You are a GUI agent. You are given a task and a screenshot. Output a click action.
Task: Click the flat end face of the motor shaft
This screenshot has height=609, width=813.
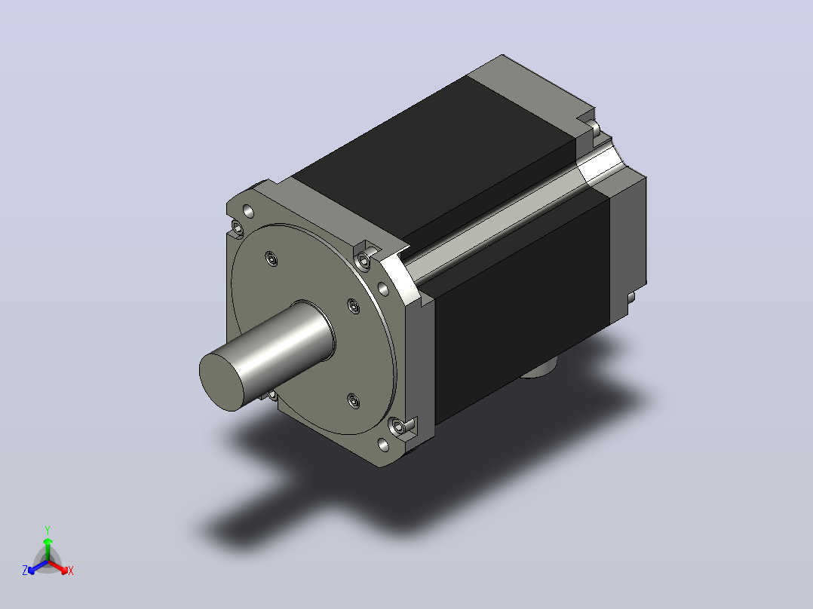point(222,381)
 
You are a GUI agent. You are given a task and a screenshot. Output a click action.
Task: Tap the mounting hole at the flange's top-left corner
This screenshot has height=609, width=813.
point(248,211)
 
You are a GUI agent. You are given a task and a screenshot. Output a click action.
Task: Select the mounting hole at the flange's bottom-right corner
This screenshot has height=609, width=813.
point(384,445)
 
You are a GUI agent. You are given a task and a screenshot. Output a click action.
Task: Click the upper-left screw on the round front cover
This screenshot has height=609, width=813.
point(272,258)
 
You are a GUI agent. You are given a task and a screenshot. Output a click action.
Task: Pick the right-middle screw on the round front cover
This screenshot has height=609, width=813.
point(354,306)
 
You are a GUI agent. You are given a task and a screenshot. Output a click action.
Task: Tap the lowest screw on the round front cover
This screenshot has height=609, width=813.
point(354,401)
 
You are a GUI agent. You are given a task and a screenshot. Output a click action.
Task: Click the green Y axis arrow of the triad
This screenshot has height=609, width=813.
point(48,549)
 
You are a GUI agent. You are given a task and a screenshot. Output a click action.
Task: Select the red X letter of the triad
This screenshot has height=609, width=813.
point(71,571)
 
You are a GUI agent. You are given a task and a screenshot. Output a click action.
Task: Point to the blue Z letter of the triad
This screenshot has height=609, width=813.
point(24,570)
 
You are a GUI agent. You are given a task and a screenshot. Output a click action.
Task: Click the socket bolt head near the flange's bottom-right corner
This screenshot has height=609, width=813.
point(398,427)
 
